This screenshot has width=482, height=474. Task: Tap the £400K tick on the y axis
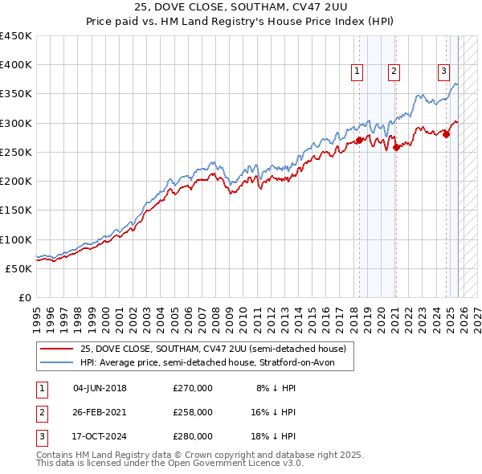coord(15,65)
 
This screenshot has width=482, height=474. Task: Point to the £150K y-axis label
coord(15,210)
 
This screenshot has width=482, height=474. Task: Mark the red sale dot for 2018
coord(359,140)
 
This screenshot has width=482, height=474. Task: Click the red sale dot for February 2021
coord(396,147)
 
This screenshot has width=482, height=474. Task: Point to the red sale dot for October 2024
coord(446,134)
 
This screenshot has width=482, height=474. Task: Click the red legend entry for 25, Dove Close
coord(213,349)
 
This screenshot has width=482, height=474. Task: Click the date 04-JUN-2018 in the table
coord(100,388)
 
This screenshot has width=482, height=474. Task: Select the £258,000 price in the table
coord(193,412)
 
